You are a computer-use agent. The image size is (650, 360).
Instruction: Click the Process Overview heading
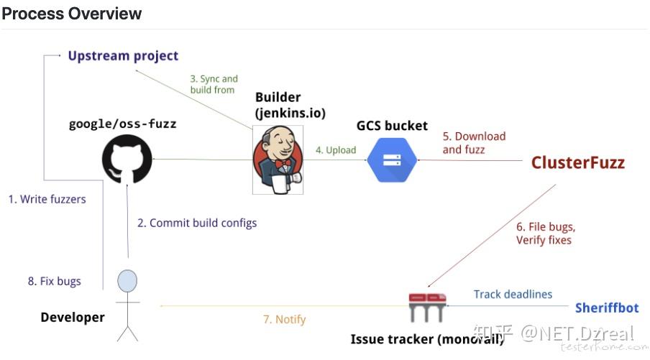(x=72, y=14)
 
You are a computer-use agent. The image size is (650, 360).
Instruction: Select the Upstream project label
(x=123, y=56)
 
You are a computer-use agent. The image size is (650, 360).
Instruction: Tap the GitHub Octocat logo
(x=127, y=160)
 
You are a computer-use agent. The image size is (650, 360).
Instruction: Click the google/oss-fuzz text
(x=123, y=124)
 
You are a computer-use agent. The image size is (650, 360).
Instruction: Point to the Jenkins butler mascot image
(x=278, y=160)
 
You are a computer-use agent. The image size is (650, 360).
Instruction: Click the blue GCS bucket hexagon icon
(x=392, y=160)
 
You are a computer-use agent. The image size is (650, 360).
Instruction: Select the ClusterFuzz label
(x=578, y=162)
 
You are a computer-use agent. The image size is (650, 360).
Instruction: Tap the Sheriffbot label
(x=607, y=308)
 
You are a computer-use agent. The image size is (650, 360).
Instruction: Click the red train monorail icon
(x=427, y=307)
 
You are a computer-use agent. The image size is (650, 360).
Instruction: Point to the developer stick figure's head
(x=127, y=281)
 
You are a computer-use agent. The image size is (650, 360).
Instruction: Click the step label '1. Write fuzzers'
(x=47, y=199)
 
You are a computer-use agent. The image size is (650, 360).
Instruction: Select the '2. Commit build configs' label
(x=197, y=223)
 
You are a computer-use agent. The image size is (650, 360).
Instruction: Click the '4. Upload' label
(x=336, y=150)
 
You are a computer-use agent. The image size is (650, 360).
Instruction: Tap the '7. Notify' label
(x=285, y=320)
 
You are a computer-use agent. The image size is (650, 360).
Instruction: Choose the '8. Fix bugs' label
(x=55, y=281)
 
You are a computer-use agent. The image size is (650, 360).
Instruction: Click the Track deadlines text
(x=513, y=294)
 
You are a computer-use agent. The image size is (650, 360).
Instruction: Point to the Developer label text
(x=73, y=318)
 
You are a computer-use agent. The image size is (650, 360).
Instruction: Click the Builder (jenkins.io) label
(x=290, y=105)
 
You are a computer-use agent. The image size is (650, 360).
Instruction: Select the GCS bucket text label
(x=392, y=126)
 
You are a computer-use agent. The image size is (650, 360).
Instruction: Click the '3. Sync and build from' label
(x=214, y=84)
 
